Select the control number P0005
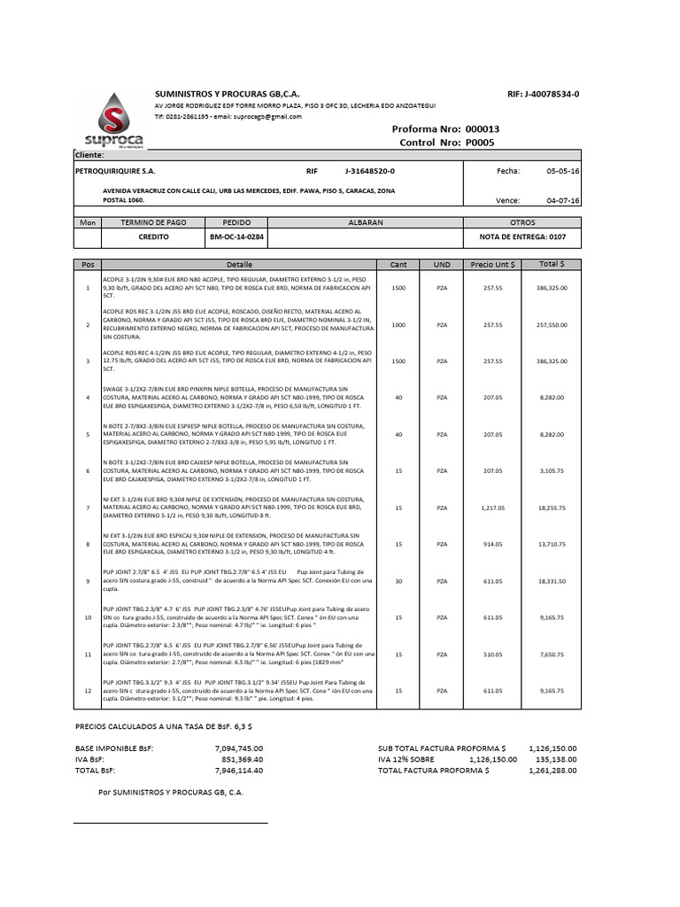coord(480,142)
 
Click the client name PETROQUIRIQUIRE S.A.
coord(115,171)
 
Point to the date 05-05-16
coord(563,171)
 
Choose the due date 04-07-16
coord(563,201)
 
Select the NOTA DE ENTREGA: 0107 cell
coord(516,237)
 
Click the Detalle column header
coord(239,265)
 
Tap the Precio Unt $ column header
coord(494,265)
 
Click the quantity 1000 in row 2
coord(398,325)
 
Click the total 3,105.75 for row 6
coord(551,471)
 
